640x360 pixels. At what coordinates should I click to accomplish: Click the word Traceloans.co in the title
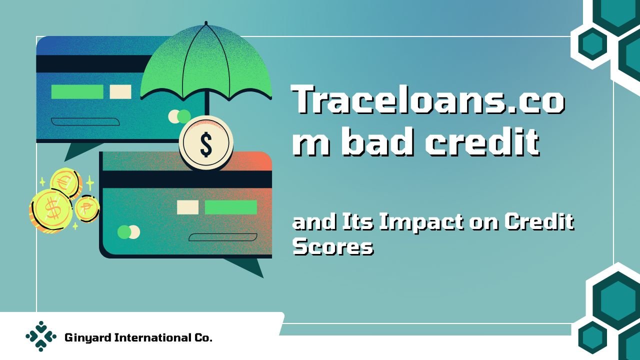point(428,99)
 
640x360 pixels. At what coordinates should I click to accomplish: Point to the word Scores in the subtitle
point(333,246)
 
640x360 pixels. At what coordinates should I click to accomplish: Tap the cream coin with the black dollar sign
point(206,143)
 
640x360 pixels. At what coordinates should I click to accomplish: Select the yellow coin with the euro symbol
point(65,182)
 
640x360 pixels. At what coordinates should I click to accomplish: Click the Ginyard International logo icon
point(41,336)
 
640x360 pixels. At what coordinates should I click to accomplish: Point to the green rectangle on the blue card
point(77,91)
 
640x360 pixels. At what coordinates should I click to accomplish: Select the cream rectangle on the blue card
point(120,91)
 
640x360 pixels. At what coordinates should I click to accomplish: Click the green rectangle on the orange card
point(231,207)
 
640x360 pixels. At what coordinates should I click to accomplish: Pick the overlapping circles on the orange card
point(129,232)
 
